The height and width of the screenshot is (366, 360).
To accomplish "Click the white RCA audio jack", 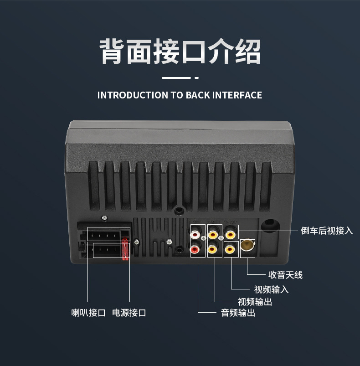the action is click(x=195, y=234).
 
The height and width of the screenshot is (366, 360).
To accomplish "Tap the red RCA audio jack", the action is click(x=195, y=250).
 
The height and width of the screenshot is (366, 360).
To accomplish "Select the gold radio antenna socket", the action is click(x=247, y=245).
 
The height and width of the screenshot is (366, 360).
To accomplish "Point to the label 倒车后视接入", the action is click(x=327, y=231).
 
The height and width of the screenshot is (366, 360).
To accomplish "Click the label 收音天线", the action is click(x=285, y=275).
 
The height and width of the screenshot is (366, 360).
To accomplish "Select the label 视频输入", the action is click(x=271, y=289).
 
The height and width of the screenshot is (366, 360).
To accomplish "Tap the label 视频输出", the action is click(x=255, y=302).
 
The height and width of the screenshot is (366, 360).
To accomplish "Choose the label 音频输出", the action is click(x=238, y=313).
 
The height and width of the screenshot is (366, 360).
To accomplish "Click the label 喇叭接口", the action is click(x=88, y=313).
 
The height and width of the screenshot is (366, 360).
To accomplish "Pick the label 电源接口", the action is click(x=129, y=313).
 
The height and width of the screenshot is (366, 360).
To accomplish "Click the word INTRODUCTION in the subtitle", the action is click(x=133, y=95).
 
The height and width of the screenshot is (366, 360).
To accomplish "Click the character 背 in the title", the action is click(x=113, y=52).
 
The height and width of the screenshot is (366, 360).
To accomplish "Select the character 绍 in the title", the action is click(x=247, y=52).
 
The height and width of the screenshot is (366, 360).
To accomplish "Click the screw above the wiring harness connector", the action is click(x=104, y=218).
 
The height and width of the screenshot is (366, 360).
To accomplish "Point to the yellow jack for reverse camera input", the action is click(x=230, y=234).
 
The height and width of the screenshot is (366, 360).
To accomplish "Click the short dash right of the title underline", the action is click(x=197, y=78).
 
